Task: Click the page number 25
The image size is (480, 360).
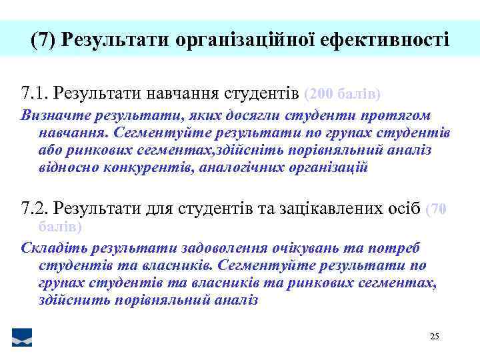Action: [x=434, y=337]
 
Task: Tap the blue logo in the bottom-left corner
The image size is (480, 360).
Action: [x=22, y=337]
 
